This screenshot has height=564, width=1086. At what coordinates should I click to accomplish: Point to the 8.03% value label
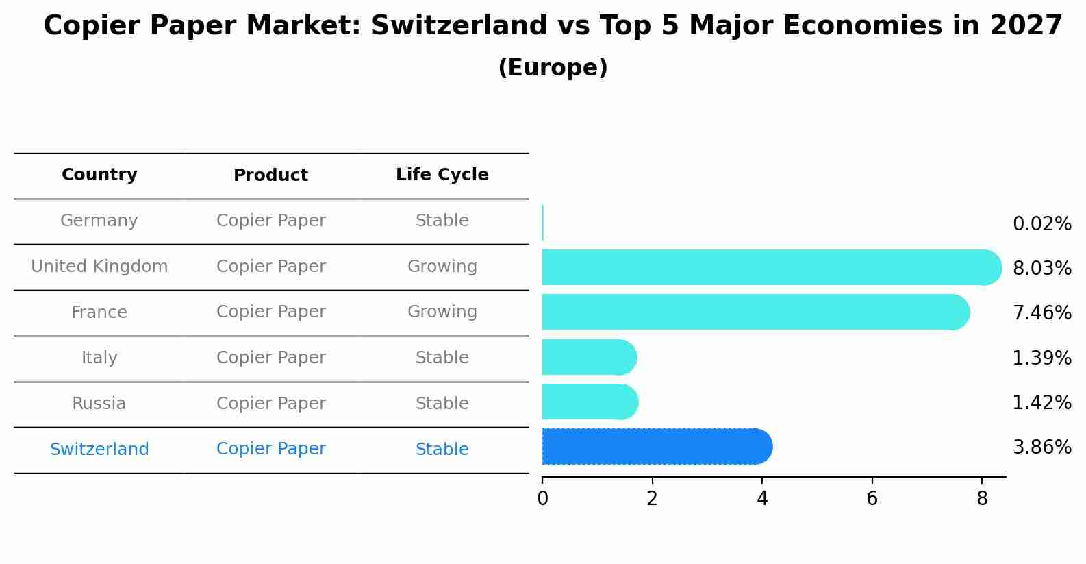1041,268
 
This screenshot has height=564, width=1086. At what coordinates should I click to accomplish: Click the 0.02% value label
1041,223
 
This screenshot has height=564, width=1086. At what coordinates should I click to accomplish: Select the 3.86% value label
1041,447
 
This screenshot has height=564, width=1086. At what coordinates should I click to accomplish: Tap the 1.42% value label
1041,402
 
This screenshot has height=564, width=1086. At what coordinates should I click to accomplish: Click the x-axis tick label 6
872,499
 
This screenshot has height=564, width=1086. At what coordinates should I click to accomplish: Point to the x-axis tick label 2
652,499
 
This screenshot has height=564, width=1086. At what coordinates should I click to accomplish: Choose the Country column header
99,175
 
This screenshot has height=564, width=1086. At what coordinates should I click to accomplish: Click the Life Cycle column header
442,175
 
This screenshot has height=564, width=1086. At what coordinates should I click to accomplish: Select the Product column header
270,175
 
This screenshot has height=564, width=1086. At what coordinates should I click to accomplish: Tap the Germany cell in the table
99,221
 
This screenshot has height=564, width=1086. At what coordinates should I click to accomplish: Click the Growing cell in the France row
442,312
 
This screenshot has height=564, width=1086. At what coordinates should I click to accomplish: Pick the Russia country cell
99,404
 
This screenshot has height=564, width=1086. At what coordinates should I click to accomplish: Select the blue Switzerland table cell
99,450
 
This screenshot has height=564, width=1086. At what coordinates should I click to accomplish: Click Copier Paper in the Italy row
270,358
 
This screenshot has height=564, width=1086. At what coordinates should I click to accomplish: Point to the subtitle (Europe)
553,68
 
